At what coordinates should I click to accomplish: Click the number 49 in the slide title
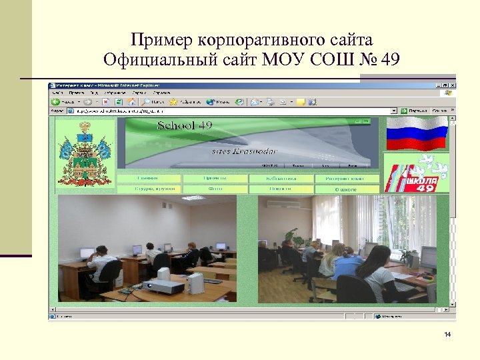click(x=387, y=60)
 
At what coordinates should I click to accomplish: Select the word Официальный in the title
click(x=155, y=60)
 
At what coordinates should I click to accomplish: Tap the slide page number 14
click(x=447, y=333)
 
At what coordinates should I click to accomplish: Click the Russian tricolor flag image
click(x=417, y=133)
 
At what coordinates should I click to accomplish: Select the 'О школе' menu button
click(x=346, y=189)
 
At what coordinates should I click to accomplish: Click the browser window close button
click(x=453, y=85)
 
